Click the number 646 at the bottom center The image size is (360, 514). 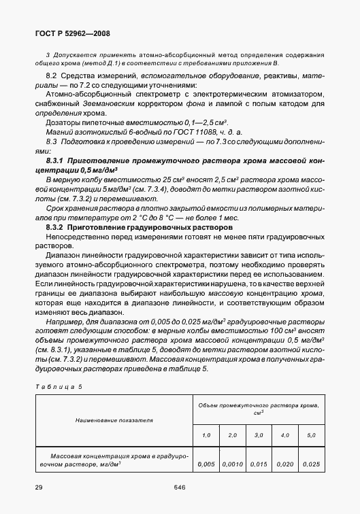click(x=180, y=487)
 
